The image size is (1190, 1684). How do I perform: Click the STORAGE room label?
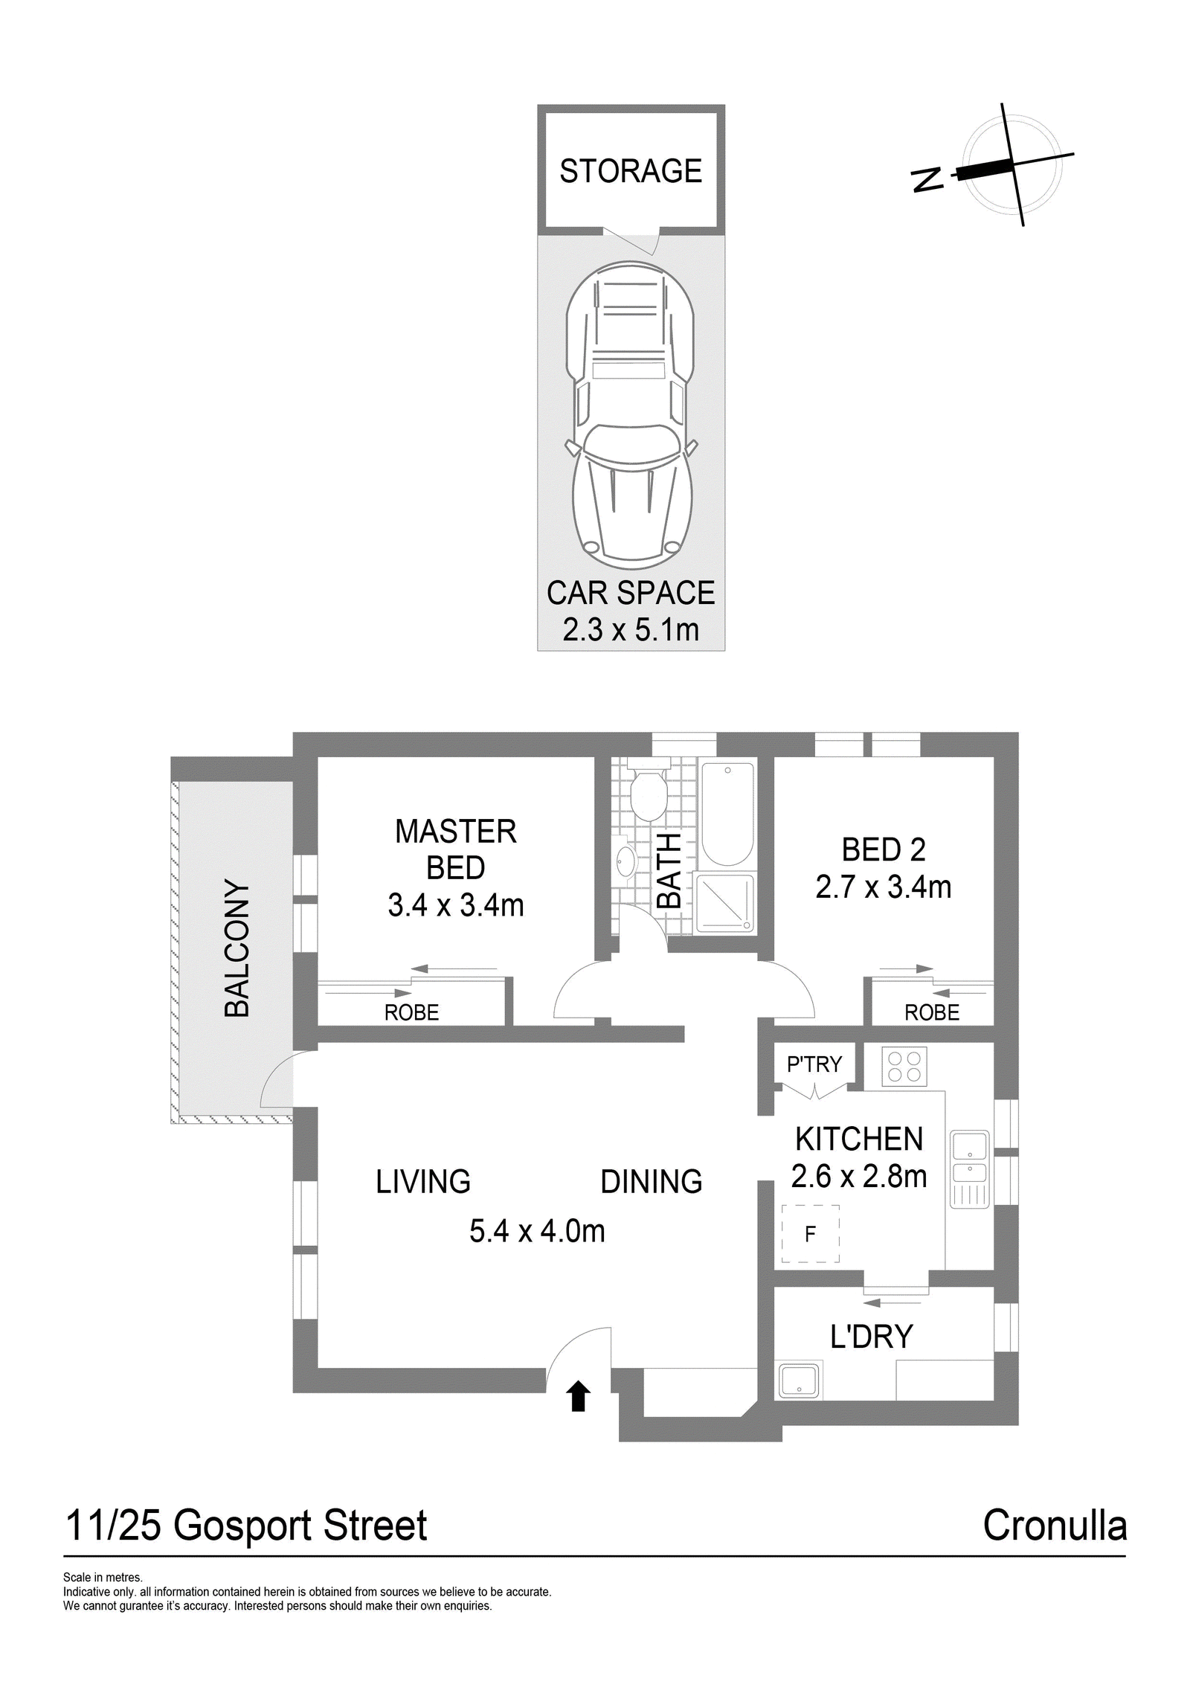pos(631,171)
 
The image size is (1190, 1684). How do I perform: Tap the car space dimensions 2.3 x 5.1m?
pos(631,630)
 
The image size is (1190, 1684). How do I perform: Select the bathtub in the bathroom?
pos(728,813)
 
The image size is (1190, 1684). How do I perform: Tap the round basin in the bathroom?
pos(625,861)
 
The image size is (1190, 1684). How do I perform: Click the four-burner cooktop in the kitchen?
pos(904,1067)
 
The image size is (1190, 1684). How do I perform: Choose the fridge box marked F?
pos(810,1234)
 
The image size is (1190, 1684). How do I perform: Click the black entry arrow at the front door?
pos(579,1397)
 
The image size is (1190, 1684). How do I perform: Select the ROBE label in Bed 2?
pos(932,1012)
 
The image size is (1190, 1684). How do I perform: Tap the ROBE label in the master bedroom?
pos(411,1012)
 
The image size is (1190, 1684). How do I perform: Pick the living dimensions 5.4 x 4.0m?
pos(537,1231)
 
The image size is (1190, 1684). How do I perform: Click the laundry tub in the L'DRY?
pos(800,1381)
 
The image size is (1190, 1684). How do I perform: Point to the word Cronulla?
pos(1055,1526)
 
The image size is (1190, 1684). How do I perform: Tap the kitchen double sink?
pos(970,1169)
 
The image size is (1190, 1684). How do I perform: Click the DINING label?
pos(652,1182)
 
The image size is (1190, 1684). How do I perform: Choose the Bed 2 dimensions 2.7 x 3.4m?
pos(884,887)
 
